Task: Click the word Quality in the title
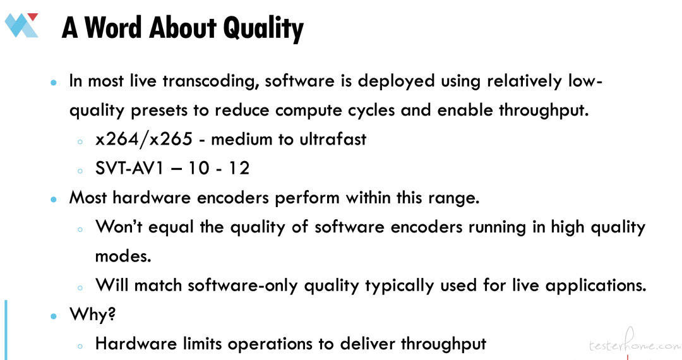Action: (x=263, y=28)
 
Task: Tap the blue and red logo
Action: (x=21, y=25)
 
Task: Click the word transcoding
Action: (x=211, y=81)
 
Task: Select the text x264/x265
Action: (x=144, y=139)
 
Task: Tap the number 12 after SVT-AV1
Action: (x=239, y=168)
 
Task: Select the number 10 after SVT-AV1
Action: (x=199, y=168)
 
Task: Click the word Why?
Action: (x=93, y=314)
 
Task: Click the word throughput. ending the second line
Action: (x=544, y=111)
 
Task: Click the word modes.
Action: (x=123, y=256)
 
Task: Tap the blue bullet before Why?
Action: (x=54, y=316)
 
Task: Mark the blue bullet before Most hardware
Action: (x=54, y=200)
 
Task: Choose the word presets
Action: (x=159, y=111)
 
